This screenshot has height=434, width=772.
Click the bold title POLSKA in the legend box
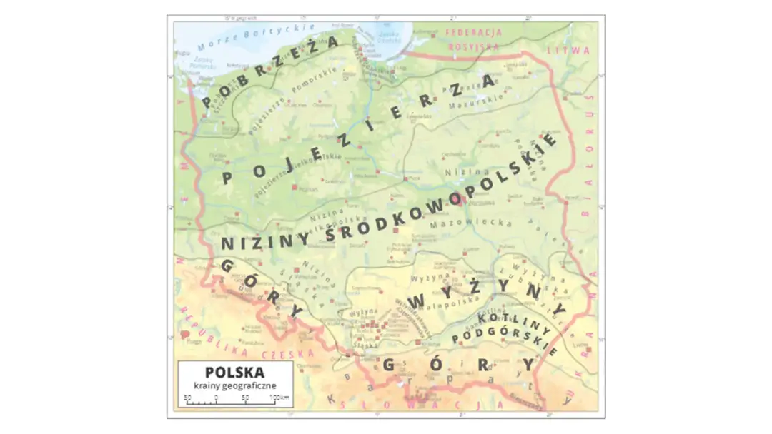[234, 373]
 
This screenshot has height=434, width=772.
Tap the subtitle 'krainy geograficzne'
[234, 386]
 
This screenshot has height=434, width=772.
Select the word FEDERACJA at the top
[473, 33]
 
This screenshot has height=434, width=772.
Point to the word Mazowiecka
[471, 223]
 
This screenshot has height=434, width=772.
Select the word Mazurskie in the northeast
[470, 105]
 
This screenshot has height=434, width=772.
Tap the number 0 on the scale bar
[216, 397]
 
